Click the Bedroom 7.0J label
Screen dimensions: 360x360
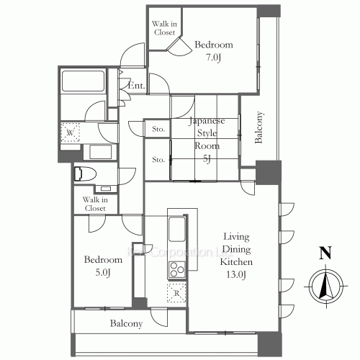point(213,50)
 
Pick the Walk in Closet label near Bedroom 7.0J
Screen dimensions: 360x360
point(164,28)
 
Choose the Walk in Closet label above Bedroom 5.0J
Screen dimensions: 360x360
point(94,204)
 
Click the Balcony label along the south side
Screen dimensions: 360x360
point(126,324)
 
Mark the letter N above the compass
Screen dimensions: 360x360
point(325,253)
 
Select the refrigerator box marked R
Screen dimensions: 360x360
point(176,293)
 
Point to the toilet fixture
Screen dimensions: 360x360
point(84,173)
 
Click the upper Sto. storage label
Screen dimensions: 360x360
point(158,130)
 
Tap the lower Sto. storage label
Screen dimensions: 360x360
point(158,159)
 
